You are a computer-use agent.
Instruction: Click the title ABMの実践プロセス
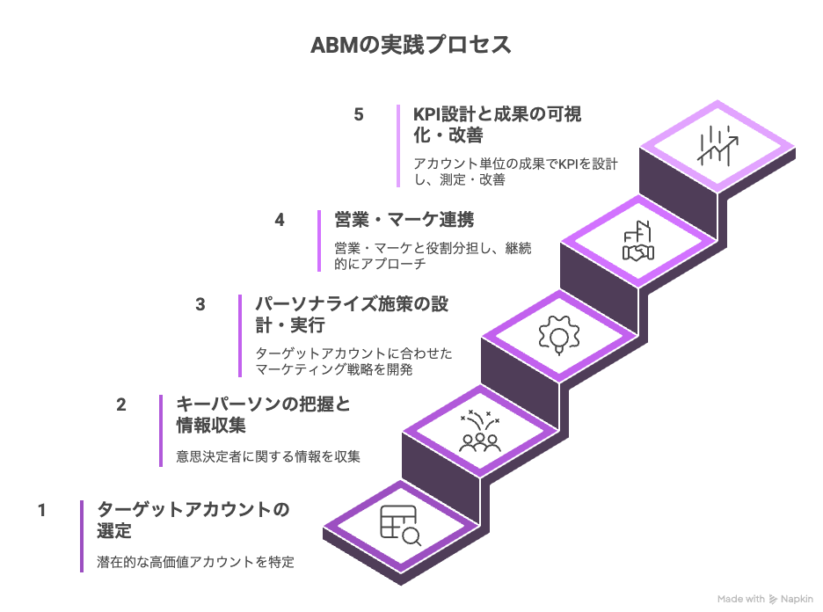411,46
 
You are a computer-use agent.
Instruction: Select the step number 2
121,405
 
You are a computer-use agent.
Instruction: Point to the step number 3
200,304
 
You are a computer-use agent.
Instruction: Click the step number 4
280,220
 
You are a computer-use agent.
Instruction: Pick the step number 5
359,115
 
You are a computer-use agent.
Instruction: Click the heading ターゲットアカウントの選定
193,520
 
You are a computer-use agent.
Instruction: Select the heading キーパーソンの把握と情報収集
263,415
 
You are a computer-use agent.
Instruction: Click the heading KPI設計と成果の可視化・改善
498,125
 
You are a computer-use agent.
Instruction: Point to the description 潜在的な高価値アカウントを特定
195,562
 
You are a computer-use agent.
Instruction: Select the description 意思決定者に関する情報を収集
268,456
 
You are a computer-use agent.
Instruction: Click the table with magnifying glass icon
400,526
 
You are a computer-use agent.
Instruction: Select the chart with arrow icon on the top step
717,146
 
